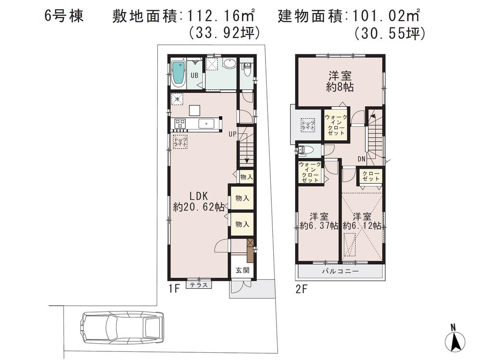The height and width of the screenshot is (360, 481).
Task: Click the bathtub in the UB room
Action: pos(178,74)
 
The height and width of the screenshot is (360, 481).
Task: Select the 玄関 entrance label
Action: pos(242,270)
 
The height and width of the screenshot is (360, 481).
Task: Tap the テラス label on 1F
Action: pos(199,285)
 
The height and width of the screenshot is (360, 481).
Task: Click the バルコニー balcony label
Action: pos(340,272)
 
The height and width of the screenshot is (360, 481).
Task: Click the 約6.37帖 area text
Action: pos(318,225)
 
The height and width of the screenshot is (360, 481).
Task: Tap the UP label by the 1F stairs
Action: pos(232,135)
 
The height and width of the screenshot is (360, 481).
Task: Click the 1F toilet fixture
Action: pos(247,70)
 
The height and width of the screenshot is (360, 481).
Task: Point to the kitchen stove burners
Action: pos(181,124)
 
